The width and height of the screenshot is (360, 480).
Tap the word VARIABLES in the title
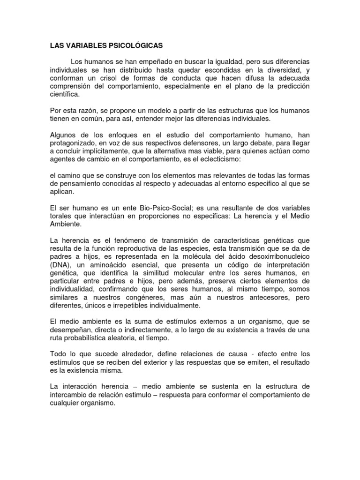tap(85, 46)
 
